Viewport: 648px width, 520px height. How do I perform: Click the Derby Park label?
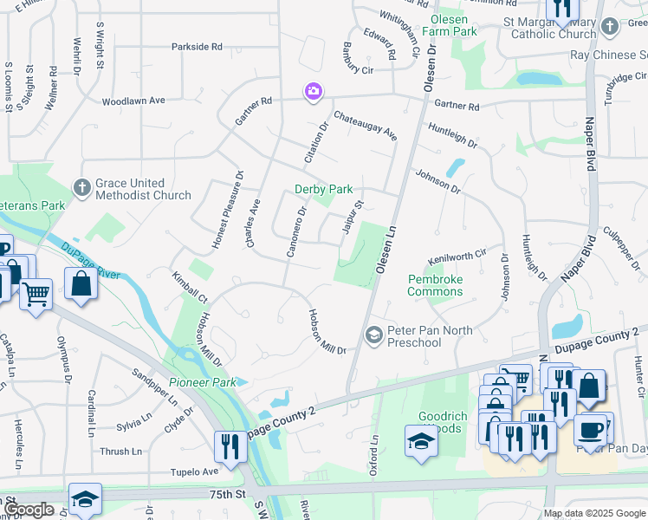(323, 189)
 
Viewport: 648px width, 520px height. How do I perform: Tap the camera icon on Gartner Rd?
(312, 91)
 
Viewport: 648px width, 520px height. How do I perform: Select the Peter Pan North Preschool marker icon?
(374, 334)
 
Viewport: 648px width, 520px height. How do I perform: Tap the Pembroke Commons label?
(435, 285)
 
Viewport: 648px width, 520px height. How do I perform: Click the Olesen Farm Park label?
(449, 25)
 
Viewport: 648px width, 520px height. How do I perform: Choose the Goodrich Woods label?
(443, 422)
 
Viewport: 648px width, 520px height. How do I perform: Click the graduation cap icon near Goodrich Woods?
(420, 440)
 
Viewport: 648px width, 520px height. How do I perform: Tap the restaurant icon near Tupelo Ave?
(230, 446)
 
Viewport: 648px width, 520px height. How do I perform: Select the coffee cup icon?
(590, 430)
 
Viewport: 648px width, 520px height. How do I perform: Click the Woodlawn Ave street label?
(133, 101)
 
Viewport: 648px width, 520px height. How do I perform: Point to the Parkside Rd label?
(197, 46)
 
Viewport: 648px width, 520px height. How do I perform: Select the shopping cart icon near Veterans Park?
(36, 294)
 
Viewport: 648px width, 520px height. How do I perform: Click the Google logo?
(29, 510)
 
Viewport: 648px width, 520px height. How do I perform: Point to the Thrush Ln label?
(120, 452)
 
